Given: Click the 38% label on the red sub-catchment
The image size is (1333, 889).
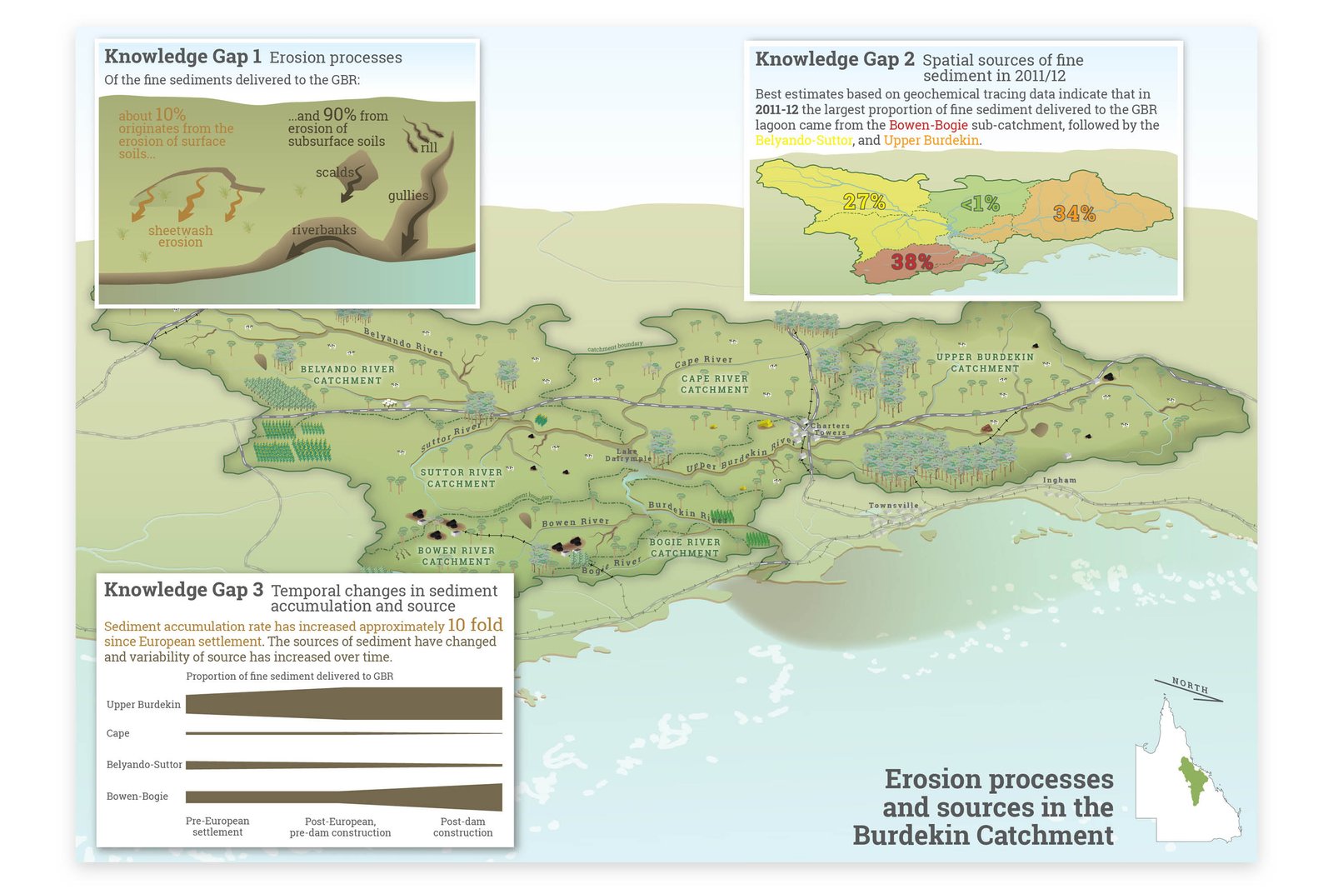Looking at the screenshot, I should [x=911, y=262].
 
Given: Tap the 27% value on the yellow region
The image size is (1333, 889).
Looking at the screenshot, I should [x=864, y=202].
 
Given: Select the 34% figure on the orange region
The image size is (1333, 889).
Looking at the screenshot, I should [x=1074, y=213].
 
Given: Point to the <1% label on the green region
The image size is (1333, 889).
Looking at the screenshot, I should [x=980, y=203].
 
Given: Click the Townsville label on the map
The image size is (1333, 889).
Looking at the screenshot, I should [x=893, y=506].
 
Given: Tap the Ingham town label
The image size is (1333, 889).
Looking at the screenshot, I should [x=1059, y=480].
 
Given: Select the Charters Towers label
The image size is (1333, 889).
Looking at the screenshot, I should [x=829, y=429].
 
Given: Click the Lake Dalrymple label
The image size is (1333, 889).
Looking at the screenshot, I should [x=628, y=455].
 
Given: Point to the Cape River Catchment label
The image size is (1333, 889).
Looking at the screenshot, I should [x=714, y=384].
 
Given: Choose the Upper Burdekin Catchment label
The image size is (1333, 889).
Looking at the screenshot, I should [x=985, y=362].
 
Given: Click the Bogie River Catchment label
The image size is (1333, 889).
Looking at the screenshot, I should [x=684, y=547].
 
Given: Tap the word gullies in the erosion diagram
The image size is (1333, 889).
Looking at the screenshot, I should [x=408, y=196].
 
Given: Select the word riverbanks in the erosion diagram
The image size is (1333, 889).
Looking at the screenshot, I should [x=324, y=230].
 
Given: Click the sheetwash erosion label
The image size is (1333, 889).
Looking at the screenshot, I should [x=180, y=237].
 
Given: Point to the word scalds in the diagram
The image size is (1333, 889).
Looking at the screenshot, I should [x=334, y=172].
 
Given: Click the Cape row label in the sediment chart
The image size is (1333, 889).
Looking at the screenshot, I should [x=117, y=733].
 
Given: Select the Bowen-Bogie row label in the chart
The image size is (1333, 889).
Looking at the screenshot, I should [x=137, y=797].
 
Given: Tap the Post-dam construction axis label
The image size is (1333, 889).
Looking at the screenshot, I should [x=462, y=827].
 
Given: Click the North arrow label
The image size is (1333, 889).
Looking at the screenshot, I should [x=1189, y=687].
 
